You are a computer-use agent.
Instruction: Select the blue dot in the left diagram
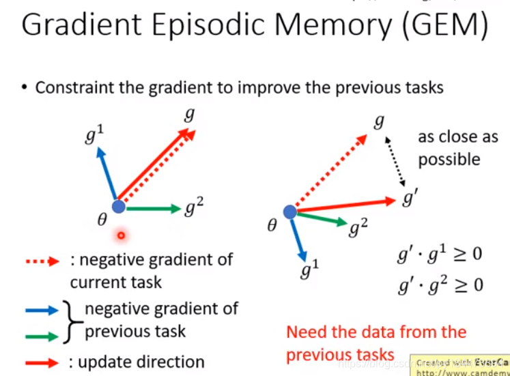118,206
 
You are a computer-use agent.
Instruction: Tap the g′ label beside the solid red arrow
410,200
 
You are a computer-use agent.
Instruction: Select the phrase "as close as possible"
457,147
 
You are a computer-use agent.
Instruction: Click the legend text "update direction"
141,362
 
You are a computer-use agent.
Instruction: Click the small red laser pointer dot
122,236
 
